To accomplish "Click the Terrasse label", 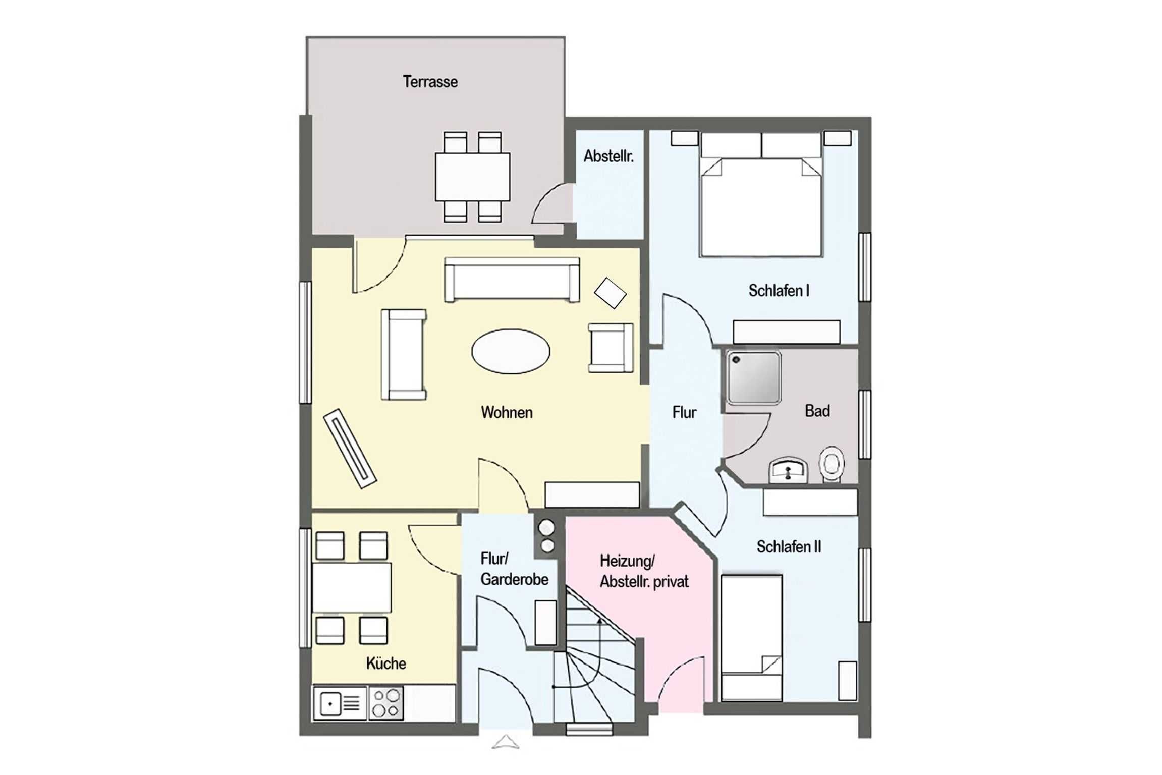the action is tap(430, 82).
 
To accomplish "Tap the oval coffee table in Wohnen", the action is tap(511, 351).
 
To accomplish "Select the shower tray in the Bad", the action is tap(753, 378).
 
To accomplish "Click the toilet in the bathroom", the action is tap(831, 464).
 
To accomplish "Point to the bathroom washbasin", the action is tap(788, 470).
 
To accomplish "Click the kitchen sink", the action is tap(340, 703).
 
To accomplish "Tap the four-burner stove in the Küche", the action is tap(386, 703).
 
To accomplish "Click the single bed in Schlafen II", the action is tap(751, 638).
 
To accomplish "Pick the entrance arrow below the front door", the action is tap(506, 742).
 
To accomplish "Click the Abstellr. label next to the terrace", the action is tap(608, 156).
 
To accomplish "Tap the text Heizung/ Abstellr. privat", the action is tap(644, 571).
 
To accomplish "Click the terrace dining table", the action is tap(472, 177).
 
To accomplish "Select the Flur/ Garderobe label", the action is tap(514, 569).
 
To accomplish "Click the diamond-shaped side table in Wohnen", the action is tap(610, 293).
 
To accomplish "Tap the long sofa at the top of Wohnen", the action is tap(512, 280).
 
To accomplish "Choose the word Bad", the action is tap(817, 411).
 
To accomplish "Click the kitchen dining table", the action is tap(352, 588).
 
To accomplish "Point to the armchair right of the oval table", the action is tap(611, 348).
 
